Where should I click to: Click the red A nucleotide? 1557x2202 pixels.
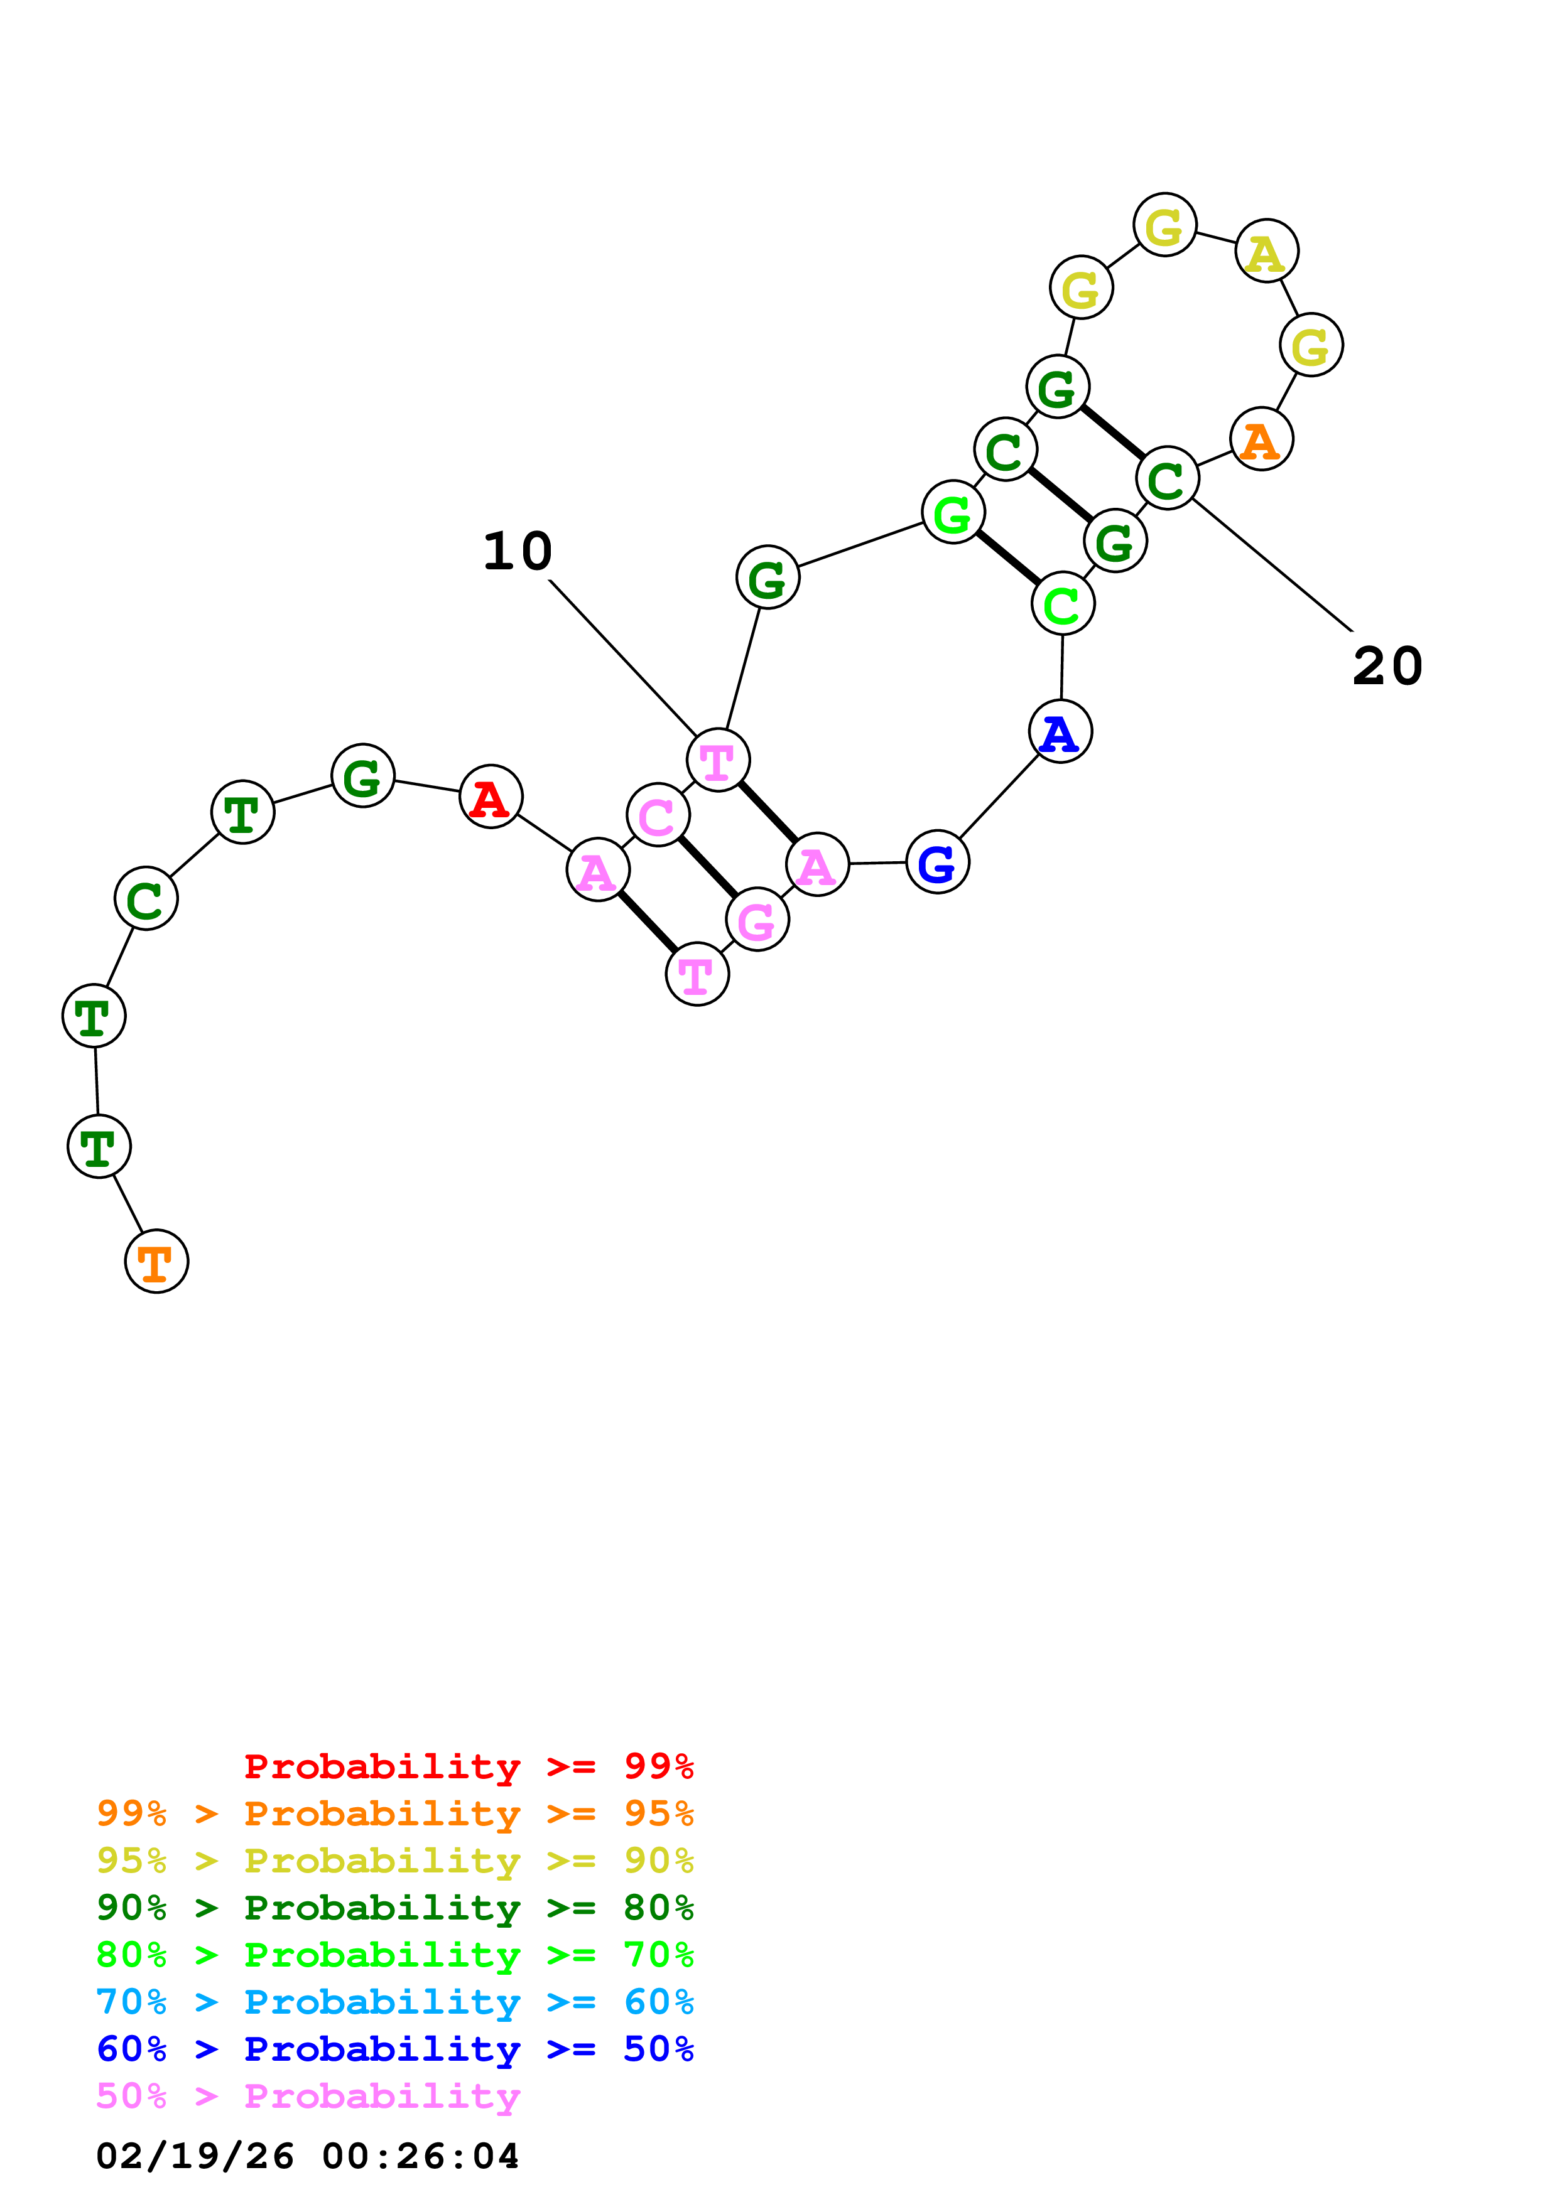coord(491,797)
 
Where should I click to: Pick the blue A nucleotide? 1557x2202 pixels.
coord(1060,732)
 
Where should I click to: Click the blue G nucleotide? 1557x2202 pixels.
coord(937,862)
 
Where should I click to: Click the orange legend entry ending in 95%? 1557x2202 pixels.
coord(394,1813)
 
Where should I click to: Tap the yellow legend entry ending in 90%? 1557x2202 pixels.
coord(394,1861)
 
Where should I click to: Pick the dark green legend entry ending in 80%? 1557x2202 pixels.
coord(394,1908)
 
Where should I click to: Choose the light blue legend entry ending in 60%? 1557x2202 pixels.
coord(394,2002)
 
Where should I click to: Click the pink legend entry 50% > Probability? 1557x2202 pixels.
coord(308,2095)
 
